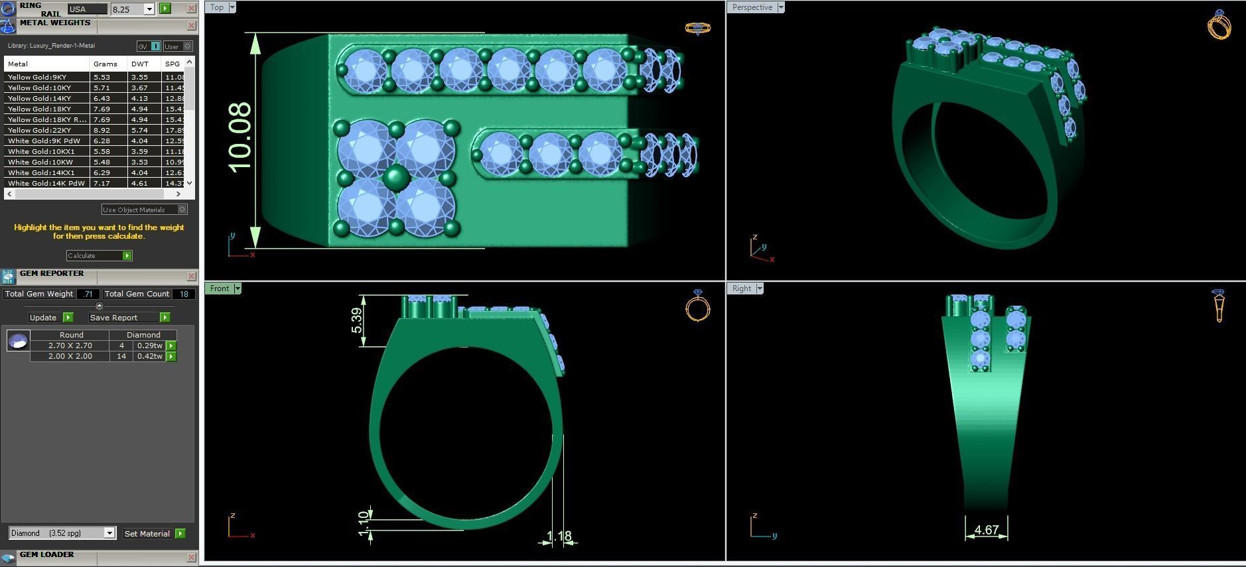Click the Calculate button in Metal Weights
[x=99, y=255]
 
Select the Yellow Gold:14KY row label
[x=39, y=98]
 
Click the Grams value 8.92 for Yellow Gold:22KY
[x=102, y=130]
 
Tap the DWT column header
[x=140, y=64]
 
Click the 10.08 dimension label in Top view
[x=240, y=137]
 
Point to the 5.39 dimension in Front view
[x=357, y=320]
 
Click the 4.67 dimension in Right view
[x=986, y=530]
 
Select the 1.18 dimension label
[x=559, y=536]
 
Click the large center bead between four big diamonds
[x=396, y=178]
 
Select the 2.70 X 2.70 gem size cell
[x=70, y=346]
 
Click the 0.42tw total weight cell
[x=149, y=356]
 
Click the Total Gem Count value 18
[x=184, y=294]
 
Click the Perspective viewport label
[x=752, y=7]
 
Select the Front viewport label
[x=219, y=288]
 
